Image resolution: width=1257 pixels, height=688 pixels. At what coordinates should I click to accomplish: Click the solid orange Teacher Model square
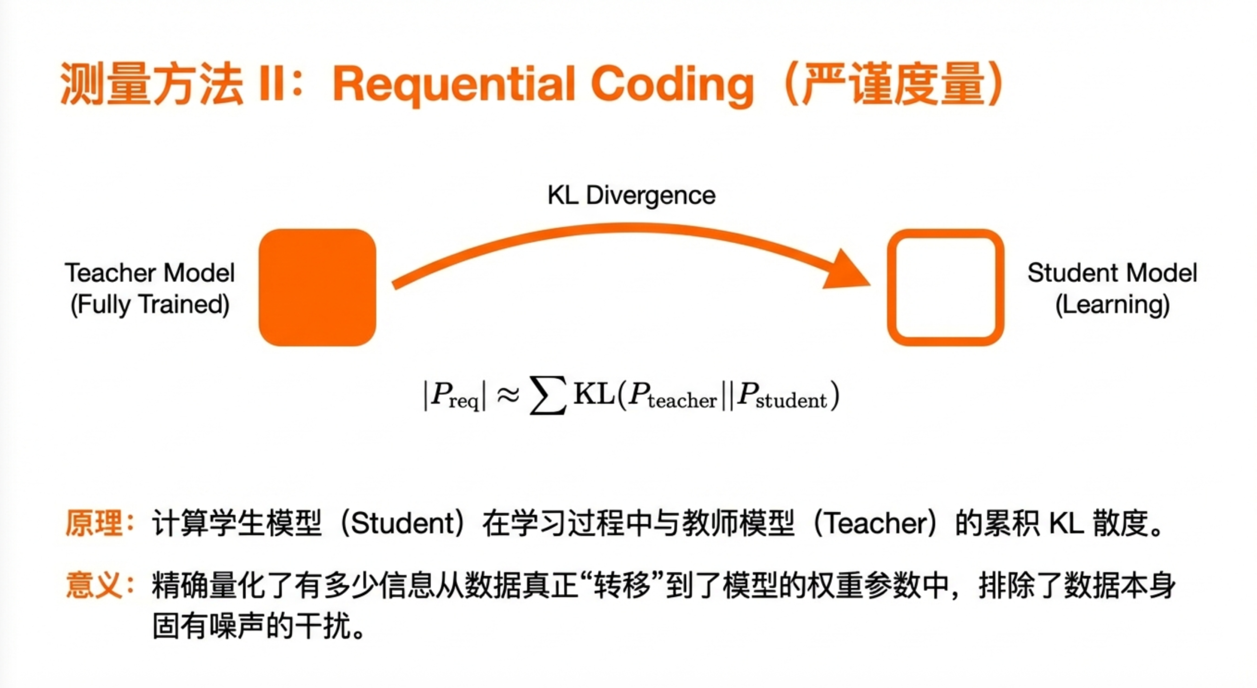(317, 287)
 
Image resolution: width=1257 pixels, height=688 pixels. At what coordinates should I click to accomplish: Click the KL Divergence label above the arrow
(631, 195)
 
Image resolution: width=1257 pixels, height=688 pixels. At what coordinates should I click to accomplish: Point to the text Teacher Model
(150, 273)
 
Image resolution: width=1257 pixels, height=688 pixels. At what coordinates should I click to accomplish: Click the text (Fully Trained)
(150, 304)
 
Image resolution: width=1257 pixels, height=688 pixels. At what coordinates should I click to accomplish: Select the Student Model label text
(1112, 273)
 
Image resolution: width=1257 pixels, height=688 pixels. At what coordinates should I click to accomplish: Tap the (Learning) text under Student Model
(1112, 304)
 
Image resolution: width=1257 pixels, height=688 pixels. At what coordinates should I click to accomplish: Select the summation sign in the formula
(548, 396)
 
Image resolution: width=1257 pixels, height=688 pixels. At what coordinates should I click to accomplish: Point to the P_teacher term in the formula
(673, 396)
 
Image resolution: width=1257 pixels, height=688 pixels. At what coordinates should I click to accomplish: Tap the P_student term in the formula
(782, 396)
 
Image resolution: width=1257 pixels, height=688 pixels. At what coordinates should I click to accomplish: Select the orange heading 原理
(94, 523)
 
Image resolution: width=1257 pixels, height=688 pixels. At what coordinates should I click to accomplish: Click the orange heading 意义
(94, 585)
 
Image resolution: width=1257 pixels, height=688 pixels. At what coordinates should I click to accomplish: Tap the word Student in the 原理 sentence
(404, 523)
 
